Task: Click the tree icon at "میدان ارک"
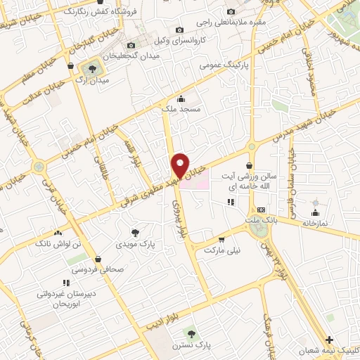[91, 68]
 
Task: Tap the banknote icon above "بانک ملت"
[260, 209]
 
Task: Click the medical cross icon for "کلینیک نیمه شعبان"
[329, 340]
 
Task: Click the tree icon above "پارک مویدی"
[135, 232]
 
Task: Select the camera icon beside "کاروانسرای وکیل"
[179, 30]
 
